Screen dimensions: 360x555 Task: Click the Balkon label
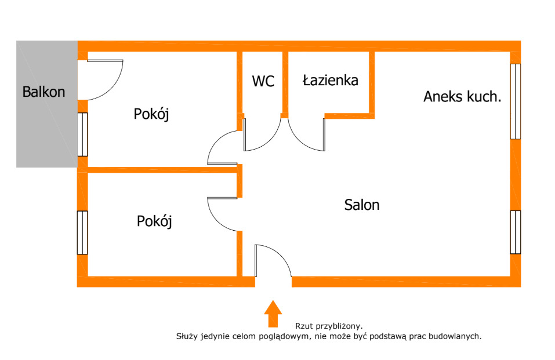click(43, 92)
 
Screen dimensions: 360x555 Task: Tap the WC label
click(263, 81)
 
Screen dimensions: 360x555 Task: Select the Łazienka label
click(330, 81)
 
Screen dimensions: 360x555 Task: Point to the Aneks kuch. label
click(462, 97)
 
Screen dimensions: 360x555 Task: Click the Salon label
click(362, 205)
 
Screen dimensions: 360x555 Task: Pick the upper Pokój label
click(151, 114)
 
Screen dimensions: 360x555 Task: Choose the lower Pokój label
click(155, 221)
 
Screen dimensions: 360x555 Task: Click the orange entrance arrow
click(273, 314)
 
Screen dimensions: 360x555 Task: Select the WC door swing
click(267, 139)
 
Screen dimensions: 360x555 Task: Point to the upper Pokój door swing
click(219, 148)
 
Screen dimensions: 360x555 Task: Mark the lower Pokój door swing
click(219, 214)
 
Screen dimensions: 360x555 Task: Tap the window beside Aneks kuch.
click(515, 101)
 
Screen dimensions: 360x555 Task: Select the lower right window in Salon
click(515, 232)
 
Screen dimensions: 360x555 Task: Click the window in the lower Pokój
click(82, 232)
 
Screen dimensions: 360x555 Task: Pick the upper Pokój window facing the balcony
click(82, 134)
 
